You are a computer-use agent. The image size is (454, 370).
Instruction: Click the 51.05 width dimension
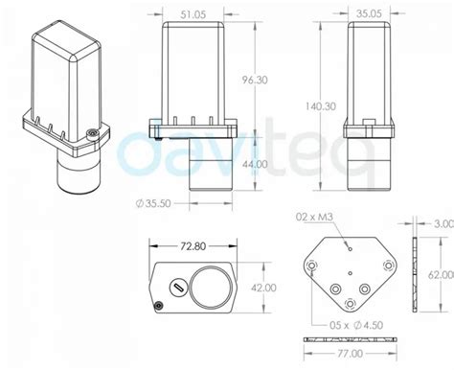coord(193,14)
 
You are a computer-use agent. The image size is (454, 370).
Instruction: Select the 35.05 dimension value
coord(369,13)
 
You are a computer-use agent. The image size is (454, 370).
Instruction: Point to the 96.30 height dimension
coord(255,80)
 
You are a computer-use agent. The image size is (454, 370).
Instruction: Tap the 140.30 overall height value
coord(321,106)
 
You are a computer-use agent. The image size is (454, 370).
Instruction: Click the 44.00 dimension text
coord(255,164)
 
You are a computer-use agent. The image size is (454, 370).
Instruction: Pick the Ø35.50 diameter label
coord(153,203)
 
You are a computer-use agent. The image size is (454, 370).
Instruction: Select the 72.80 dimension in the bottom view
coord(193,246)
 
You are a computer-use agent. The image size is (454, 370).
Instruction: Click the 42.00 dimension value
coord(263,288)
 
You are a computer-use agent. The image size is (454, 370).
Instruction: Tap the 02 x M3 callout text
coord(314,217)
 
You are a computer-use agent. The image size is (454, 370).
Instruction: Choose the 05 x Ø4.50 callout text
coord(356,325)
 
